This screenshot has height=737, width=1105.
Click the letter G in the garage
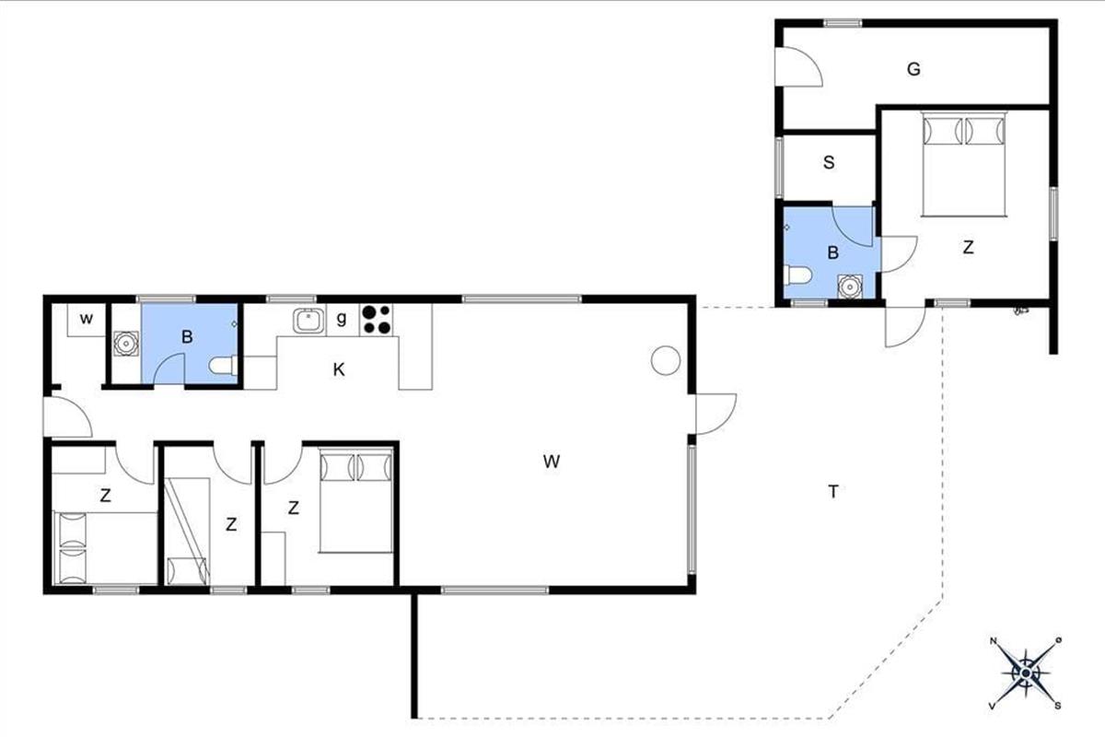coord(913,69)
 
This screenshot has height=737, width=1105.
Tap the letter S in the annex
coord(829,162)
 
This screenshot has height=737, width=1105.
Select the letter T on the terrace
coord(833,492)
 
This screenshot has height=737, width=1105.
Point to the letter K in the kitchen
coord(339,369)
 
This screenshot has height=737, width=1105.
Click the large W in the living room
coord(551,462)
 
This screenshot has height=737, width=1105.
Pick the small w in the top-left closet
coord(87,319)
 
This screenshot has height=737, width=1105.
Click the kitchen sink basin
coord(308,321)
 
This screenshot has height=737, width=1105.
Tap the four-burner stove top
coord(377,320)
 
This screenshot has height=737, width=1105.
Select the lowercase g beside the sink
coord(342,319)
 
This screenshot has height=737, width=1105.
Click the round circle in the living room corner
coord(666,360)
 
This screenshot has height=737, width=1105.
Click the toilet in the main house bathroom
coord(223,366)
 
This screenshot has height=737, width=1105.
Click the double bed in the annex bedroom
coord(964,164)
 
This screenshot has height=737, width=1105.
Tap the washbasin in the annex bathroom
coord(849,287)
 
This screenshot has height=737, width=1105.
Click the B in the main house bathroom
coord(186,336)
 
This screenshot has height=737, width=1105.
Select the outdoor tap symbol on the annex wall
coord(1018,311)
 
